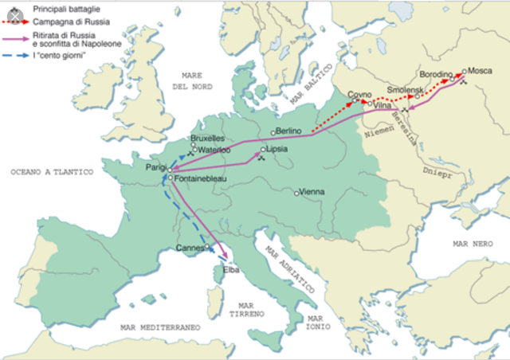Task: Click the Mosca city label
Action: [480, 70]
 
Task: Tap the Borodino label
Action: [435, 73]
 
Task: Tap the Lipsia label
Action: [277, 149]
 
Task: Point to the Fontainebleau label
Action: [200, 179]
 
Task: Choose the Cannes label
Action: [190, 248]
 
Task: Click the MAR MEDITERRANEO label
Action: [159, 327]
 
